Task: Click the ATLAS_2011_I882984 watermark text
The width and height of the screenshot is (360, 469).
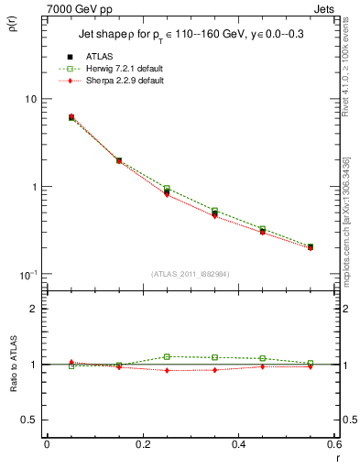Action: [x=190, y=273]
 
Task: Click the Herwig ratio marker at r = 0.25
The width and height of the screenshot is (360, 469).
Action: [x=167, y=356]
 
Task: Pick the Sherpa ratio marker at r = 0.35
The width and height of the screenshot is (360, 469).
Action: [x=214, y=370]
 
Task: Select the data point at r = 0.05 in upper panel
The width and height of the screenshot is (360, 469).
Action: [x=71, y=117]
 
